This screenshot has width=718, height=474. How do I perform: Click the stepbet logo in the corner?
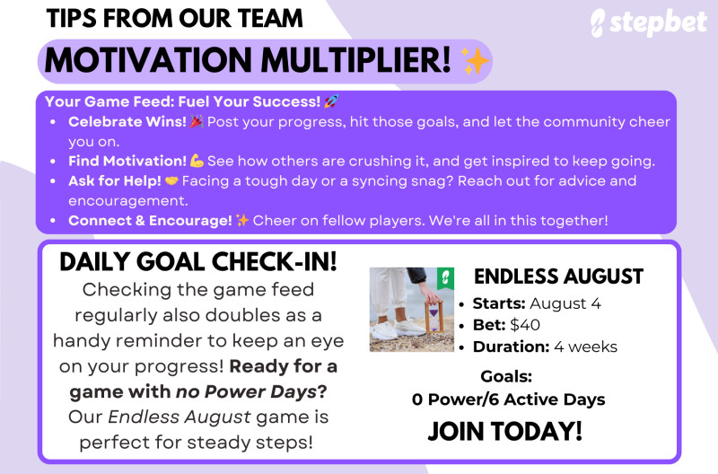649,23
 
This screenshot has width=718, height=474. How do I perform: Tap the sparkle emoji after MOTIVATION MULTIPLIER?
476,60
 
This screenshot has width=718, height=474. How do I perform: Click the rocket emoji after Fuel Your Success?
331,101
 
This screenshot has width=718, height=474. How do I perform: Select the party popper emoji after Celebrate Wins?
197,122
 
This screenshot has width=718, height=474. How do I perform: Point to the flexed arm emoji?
197,161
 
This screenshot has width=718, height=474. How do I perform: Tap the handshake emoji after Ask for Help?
171,181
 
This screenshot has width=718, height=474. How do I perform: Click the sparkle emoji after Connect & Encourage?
242,221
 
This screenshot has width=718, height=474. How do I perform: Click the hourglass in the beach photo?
434,316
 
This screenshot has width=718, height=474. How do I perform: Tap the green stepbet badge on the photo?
445,278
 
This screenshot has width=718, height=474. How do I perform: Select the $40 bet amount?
525,325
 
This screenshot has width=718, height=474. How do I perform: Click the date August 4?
565,303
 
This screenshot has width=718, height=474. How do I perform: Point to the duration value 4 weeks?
586,347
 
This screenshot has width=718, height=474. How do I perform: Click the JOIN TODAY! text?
505,431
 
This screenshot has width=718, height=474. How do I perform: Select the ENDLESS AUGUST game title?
558,276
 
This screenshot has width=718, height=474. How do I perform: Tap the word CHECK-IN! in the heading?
275,261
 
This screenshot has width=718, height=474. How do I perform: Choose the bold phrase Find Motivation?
127,161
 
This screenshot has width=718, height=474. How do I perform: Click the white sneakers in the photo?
398,329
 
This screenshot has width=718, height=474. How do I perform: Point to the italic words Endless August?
179,417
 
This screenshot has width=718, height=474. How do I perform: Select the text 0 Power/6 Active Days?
508,399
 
